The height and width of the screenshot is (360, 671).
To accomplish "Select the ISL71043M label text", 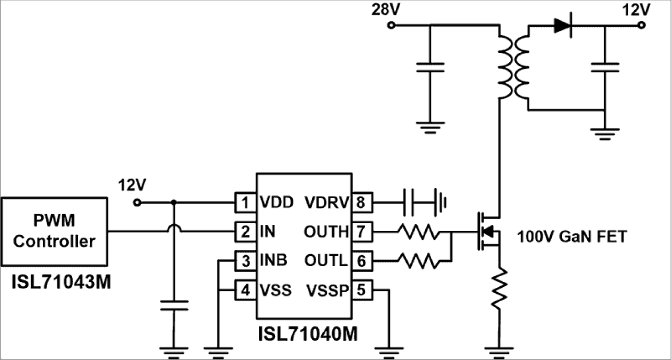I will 61,282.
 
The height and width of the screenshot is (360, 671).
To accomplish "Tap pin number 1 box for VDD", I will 245,203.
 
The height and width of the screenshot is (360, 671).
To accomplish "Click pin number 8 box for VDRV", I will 362,203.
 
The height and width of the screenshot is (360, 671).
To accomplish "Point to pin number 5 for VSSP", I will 362,290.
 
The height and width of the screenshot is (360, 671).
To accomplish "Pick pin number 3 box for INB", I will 245,261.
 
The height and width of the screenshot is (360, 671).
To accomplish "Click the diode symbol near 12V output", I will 563,25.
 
